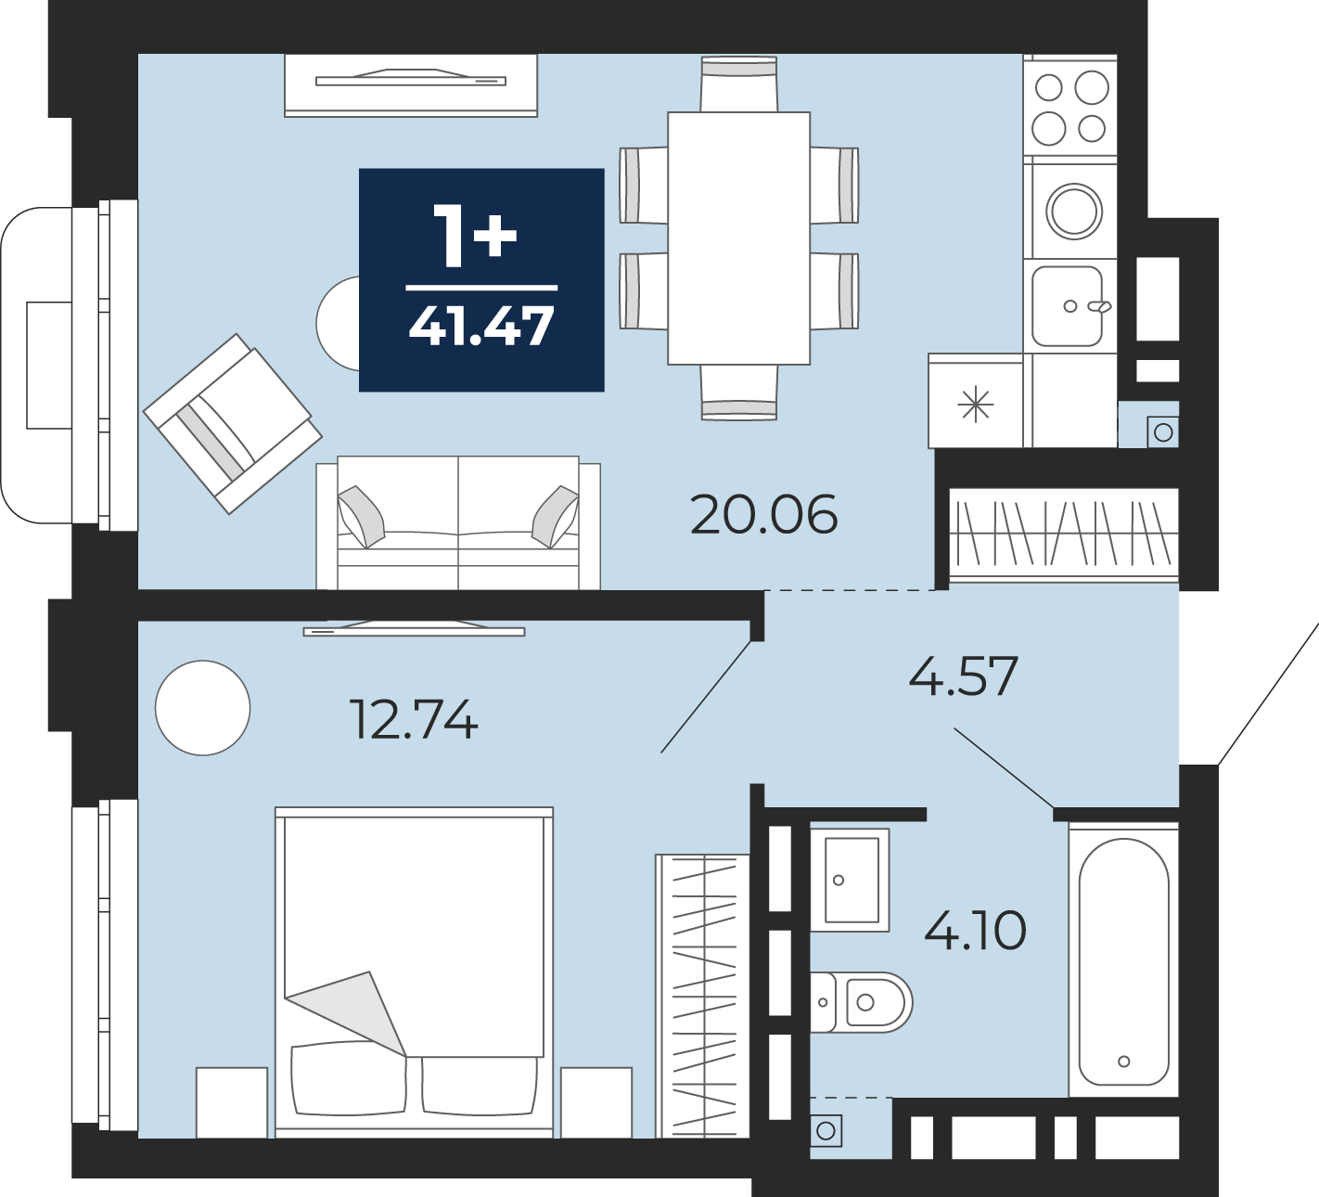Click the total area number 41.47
(x=481, y=327)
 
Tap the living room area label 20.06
(x=764, y=515)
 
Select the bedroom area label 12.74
(x=414, y=719)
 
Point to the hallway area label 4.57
(x=963, y=676)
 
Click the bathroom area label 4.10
(x=975, y=930)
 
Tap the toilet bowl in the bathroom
(x=862, y=1002)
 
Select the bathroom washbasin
(x=850, y=880)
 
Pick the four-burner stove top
(x=1070, y=109)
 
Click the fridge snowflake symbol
(x=976, y=403)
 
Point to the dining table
(x=739, y=238)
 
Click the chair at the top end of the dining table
(x=739, y=84)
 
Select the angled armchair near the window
(x=233, y=423)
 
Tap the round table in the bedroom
(x=203, y=707)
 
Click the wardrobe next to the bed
(x=702, y=996)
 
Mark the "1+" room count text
(x=475, y=237)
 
